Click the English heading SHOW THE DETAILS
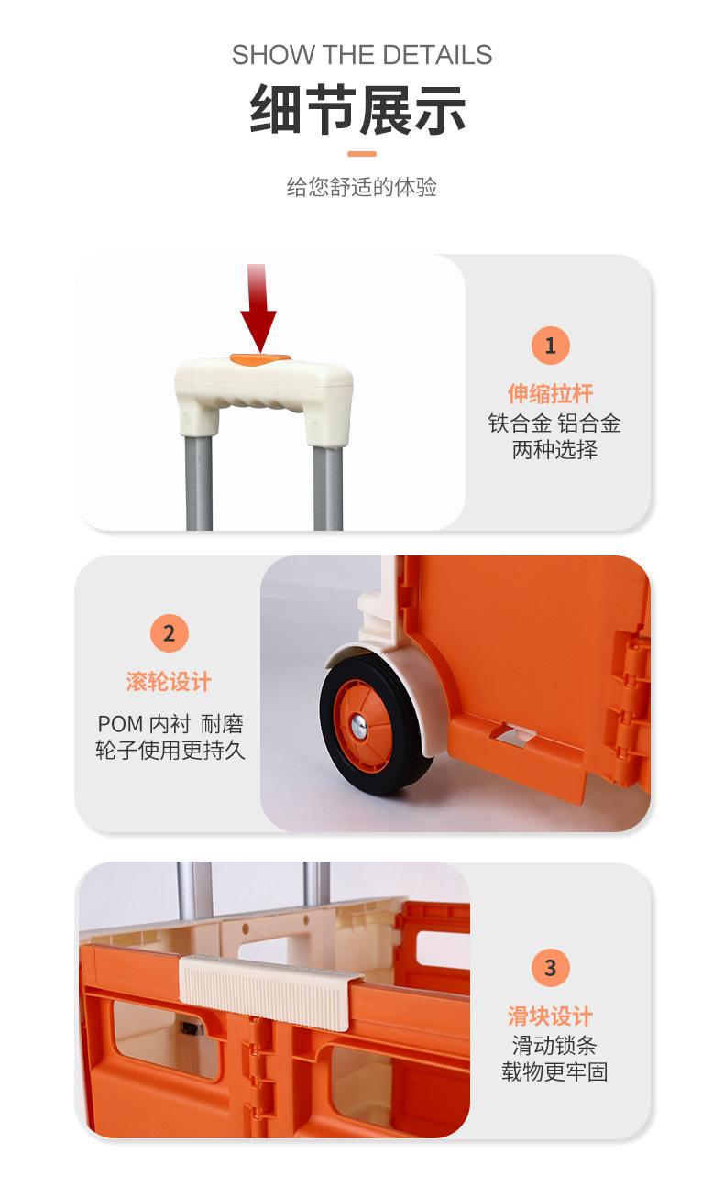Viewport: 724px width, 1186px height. (362, 55)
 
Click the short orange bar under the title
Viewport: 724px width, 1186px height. (362, 153)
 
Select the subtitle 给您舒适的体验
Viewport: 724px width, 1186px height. (362, 188)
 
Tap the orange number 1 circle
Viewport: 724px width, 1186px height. (551, 346)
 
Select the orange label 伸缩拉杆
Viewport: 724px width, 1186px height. (551, 394)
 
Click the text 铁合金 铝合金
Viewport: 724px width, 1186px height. (554, 423)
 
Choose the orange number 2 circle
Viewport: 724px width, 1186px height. (169, 633)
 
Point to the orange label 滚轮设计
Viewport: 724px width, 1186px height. (169, 682)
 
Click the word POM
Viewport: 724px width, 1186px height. (120, 724)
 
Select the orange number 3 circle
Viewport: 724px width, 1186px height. (551, 968)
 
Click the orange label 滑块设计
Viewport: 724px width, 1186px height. (551, 1016)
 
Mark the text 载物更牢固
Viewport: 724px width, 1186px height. (554, 1071)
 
